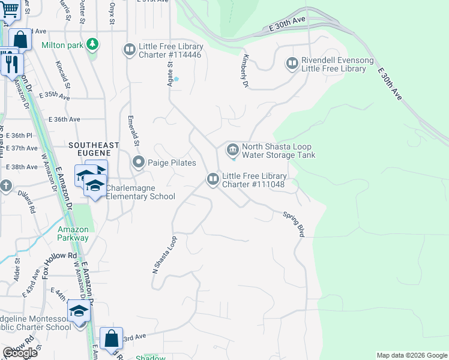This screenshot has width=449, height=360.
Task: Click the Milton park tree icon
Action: pos(92,44)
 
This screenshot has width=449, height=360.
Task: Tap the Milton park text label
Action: pos(62,45)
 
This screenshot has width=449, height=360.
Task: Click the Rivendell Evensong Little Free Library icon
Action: pos(292,63)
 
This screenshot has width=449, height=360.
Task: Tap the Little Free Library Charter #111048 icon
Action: pos(212,179)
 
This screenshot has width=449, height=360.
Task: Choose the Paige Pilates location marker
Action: pos(139,162)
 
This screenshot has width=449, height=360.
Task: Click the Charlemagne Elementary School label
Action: pos(140,192)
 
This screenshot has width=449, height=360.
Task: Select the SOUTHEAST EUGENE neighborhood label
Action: pos(94,145)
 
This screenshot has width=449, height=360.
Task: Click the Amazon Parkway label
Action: pos(73,233)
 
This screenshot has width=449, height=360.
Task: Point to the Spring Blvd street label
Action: pos(294,224)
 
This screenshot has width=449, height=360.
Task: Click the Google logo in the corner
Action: pos(20,353)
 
